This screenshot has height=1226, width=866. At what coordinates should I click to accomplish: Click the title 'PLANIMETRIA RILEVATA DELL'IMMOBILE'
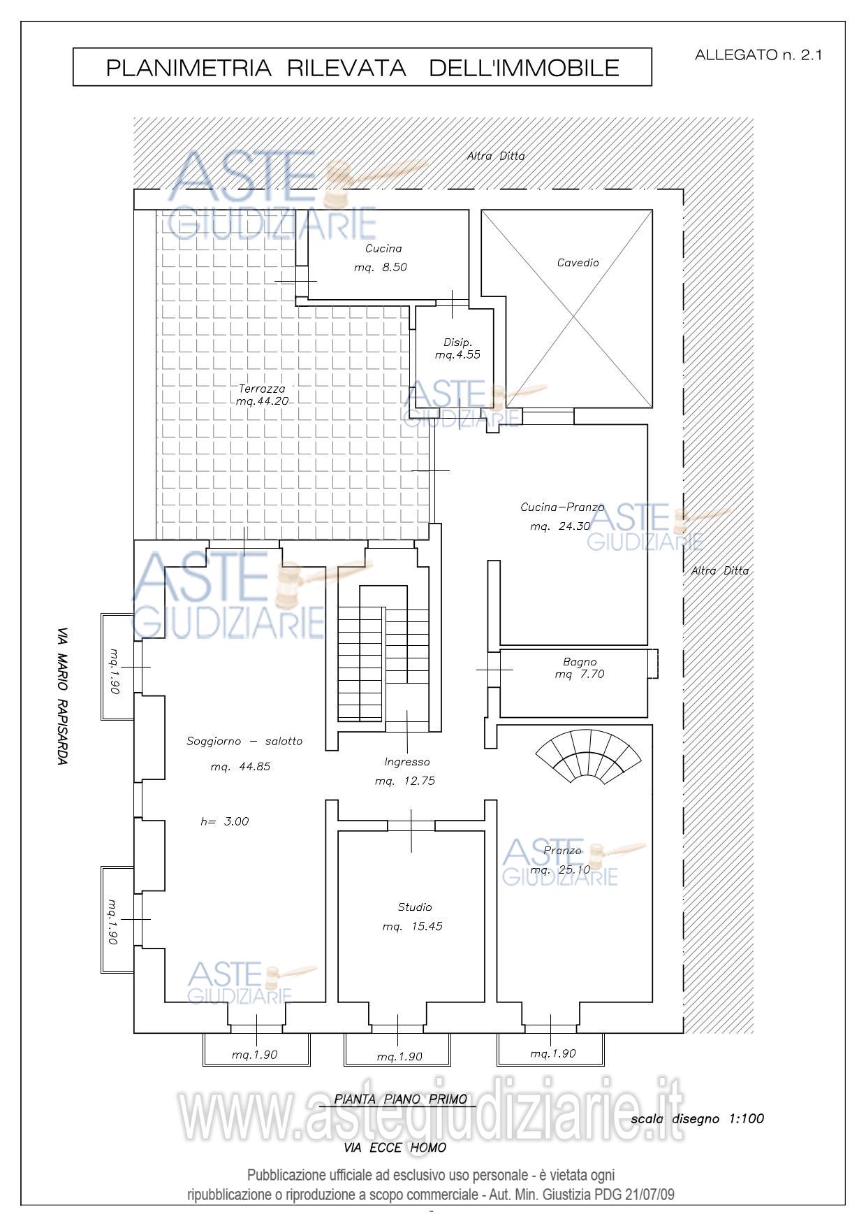tap(362, 68)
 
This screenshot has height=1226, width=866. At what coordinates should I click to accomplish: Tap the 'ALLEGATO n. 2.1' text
tap(758, 55)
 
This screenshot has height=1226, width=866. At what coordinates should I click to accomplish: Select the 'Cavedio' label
tap(578, 263)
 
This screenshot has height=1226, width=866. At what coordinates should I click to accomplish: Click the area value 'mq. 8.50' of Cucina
tap(380, 267)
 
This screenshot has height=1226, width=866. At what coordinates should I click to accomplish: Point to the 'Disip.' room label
tap(458, 342)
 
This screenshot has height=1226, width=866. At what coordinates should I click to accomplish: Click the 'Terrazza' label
tap(262, 389)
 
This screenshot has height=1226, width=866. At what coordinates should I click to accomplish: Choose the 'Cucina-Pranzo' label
tap(562, 507)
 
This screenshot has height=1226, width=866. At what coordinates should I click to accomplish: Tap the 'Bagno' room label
tap(580, 661)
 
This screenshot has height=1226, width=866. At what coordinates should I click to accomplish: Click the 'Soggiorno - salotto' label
tap(244, 741)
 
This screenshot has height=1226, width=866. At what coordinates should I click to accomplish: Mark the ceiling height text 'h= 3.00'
tap(224, 821)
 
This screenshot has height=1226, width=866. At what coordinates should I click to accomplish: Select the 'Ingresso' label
tap(407, 762)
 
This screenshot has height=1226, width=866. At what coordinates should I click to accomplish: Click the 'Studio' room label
tap(415, 907)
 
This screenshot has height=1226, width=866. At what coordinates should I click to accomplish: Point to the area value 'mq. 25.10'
tap(560, 870)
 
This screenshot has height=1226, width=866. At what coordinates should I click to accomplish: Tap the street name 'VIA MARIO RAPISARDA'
tap(63, 695)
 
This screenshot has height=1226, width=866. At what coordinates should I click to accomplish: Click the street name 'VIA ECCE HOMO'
tap(395, 1148)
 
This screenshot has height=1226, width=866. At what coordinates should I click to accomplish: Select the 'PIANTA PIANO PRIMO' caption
tap(401, 1099)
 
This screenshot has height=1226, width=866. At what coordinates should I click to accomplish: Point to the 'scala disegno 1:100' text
tap(697, 1119)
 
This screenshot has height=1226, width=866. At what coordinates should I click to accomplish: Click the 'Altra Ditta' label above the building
tap(496, 157)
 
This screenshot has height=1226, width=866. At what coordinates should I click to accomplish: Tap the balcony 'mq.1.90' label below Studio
tap(399, 1057)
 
